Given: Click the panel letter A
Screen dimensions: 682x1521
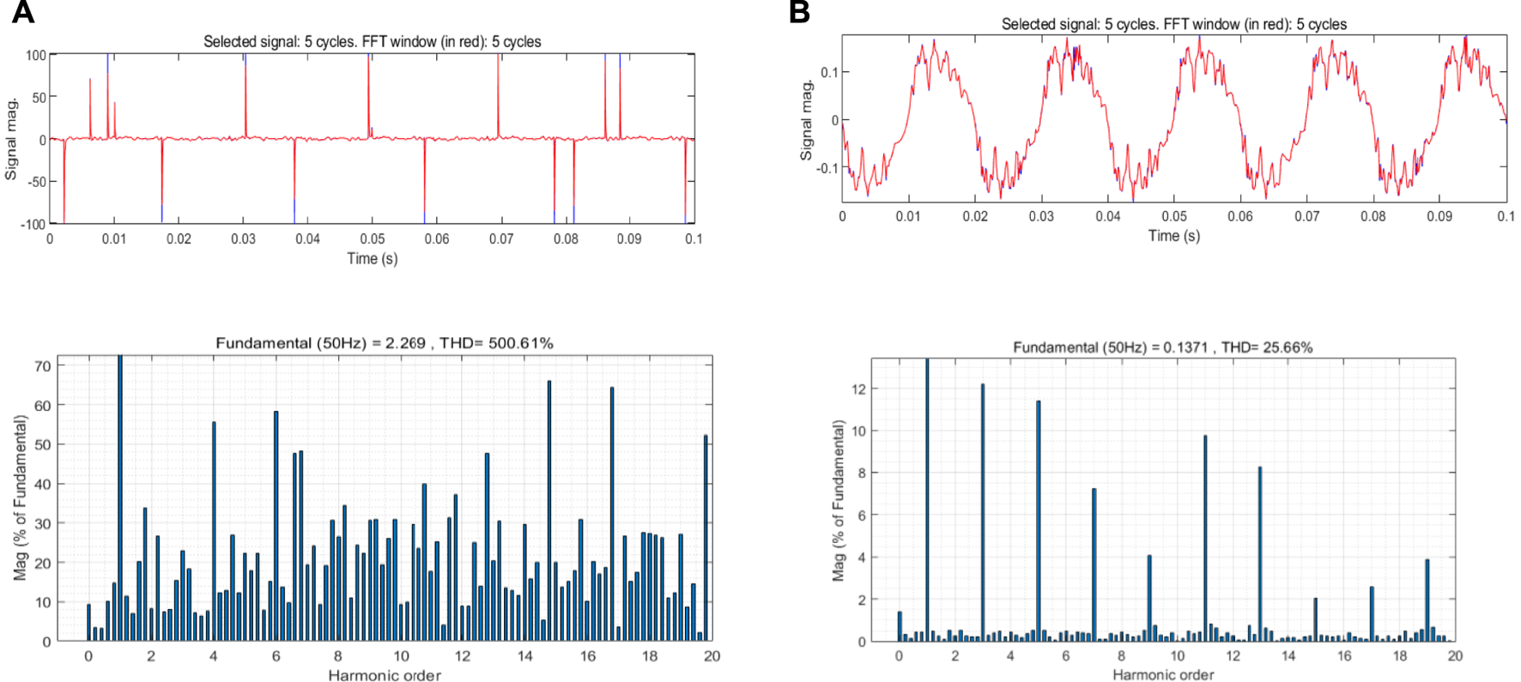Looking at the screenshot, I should point(23,13).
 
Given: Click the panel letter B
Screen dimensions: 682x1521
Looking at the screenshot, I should point(799,13).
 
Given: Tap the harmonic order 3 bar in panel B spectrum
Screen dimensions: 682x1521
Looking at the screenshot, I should point(983,515).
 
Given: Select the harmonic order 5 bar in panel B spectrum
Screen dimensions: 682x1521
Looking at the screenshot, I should point(1039,523).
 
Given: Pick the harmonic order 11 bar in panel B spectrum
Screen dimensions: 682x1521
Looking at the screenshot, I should point(1205,540).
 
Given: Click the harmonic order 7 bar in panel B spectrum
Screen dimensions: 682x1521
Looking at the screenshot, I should point(1094,566).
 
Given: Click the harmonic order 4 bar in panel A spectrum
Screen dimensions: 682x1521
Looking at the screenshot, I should point(214,532).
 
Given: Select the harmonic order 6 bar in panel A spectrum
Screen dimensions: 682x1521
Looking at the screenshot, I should point(276,528).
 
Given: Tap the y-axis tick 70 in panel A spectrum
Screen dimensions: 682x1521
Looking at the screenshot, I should point(42,365).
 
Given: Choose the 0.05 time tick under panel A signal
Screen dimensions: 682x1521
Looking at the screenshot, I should point(372,238).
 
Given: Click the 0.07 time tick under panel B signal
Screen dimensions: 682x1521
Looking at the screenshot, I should point(1306,216).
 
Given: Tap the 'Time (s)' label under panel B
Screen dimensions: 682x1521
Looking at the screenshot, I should point(1173,235).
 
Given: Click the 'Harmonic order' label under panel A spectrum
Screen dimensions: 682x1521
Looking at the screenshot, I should point(384,675).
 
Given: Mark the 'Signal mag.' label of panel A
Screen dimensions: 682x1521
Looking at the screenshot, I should point(11,139).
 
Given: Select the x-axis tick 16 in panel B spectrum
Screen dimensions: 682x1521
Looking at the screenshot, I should point(1344,655).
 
